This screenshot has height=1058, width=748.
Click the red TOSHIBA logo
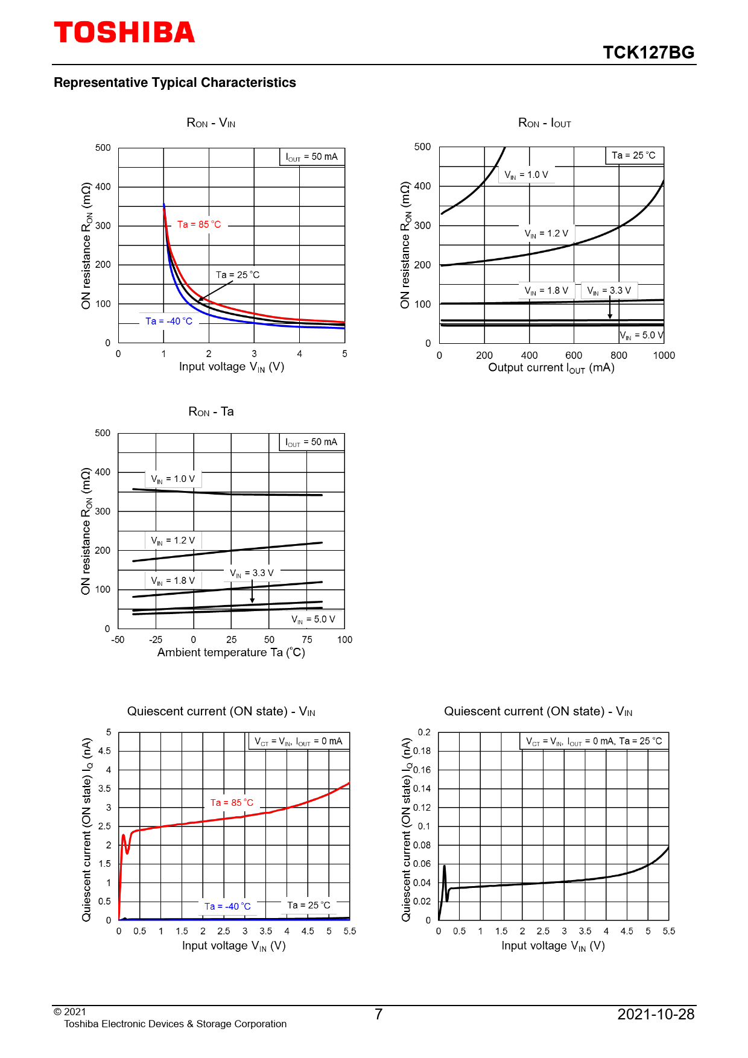click(x=124, y=33)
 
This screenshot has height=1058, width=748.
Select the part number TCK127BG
click(x=648, y=52)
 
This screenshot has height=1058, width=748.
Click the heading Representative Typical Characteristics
click(x=175, y=83)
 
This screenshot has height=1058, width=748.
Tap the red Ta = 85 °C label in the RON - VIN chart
click(x=199, y=224)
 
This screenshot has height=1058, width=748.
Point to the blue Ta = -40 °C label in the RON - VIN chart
click(x=169, y=322)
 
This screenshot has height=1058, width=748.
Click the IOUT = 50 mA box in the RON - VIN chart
click(x=312, y=157)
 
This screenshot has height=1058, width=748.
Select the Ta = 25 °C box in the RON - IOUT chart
click(x=633, y=156)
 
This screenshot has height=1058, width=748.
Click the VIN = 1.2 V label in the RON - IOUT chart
click(x=547, y=233)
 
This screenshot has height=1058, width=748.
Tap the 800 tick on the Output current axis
click(x=619, y=355)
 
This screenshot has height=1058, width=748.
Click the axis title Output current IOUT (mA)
click(x=551, y=368)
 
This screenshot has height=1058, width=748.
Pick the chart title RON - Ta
click(x=211, y=412)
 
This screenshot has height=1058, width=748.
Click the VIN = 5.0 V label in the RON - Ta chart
click(x=313, y=619)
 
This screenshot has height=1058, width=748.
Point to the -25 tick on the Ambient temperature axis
click(x=156, y=639)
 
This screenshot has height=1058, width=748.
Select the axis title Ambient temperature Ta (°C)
click(x=231, y=653)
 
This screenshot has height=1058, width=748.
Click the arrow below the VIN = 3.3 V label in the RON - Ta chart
click(x=252, y=591)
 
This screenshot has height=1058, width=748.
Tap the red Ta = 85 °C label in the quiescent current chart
click(x=232, y=803)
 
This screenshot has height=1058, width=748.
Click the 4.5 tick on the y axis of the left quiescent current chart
click(x=104, y=751)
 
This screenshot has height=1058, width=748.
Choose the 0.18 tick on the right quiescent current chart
click(x=422, y=751)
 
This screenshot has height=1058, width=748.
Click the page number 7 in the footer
click(x=378, y=1015)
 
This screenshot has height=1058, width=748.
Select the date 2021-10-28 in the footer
click(x=656, y=1015)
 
